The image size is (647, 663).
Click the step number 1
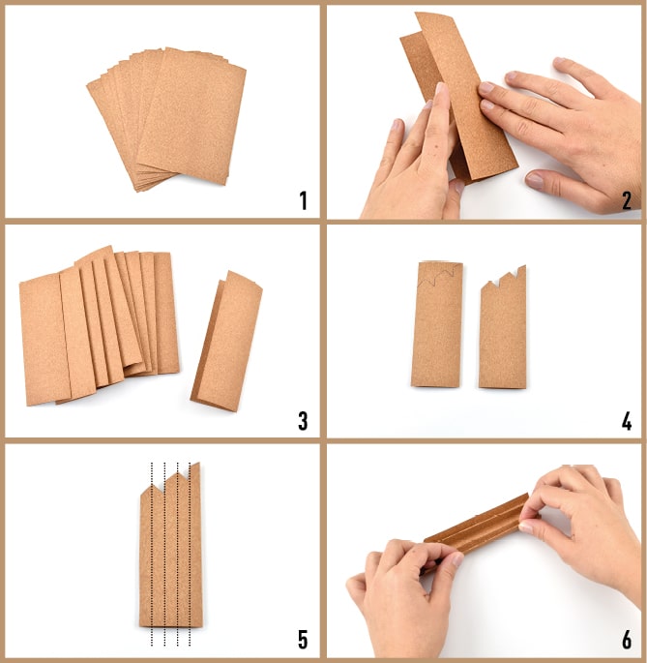point(303,200)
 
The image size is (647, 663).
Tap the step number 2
point(627,200)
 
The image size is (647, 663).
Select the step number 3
point(303,421)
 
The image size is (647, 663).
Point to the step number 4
point(627,421)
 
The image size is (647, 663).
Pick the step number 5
point(303,640)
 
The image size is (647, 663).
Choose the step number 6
point(627,640)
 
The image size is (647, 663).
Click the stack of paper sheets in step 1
point(166,119)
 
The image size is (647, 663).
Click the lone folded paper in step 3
point(226,341)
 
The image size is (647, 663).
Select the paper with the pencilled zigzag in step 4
point(436,324)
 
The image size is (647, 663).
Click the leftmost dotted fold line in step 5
point(152,554)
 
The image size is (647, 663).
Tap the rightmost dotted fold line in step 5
point(190,554)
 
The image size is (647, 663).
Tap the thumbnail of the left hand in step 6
point(457,559)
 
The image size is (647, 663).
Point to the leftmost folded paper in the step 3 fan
point(44,339)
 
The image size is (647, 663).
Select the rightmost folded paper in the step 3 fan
point(166,313)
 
